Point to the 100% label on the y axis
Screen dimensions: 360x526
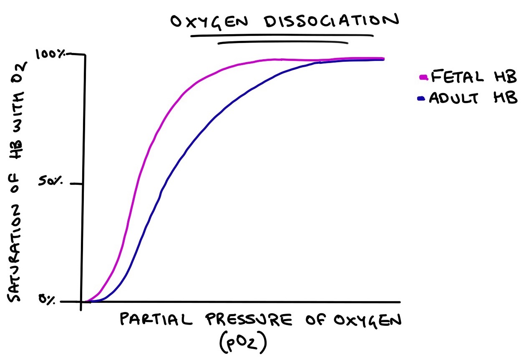(50, 54)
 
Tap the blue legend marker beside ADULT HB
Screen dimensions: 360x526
(420, 98)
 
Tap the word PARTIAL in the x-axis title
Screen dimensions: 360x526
(156, 320)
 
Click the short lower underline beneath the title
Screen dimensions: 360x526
(283, 43)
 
